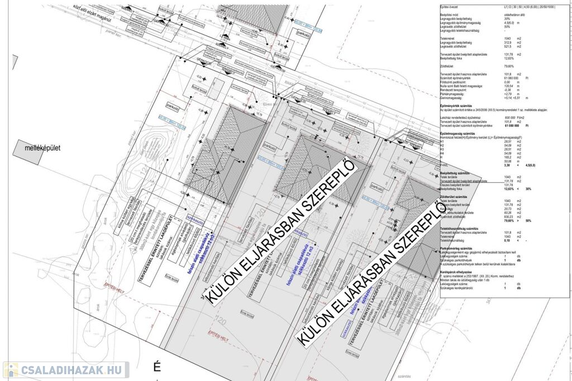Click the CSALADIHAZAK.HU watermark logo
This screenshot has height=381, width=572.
click(x=66, y=370)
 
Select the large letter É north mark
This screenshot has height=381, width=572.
click(x=157, y=366)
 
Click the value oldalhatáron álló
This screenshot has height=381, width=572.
click(x=515, y=15)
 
